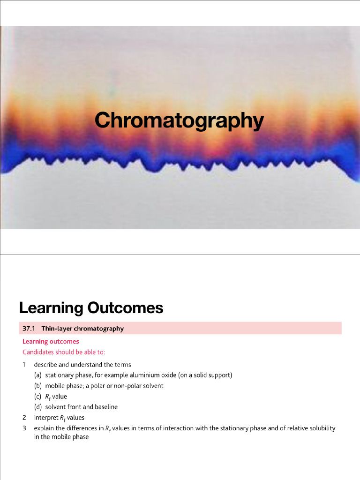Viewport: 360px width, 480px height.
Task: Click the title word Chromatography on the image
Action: point(179,120)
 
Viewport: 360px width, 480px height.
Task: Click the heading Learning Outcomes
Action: point(91,308)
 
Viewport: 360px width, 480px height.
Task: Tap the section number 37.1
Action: point(29,328)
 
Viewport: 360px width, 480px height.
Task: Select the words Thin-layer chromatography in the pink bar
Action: point(82,328)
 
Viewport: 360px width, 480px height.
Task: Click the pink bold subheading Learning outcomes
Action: point(51,341)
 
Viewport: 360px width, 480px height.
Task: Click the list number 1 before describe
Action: point(24,364)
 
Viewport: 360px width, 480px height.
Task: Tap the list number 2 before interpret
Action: point(24,417)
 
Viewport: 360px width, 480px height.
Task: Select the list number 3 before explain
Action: point(24,428)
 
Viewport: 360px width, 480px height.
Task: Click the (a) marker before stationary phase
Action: point(37,375)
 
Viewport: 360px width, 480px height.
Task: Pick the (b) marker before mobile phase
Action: point(37,386)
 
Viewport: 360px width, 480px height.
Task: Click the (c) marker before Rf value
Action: point(37,397)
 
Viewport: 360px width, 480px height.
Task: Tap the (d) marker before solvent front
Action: point(37,407)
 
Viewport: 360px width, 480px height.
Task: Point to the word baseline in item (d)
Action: point(106,407)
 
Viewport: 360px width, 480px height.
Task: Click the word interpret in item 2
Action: point(45,417)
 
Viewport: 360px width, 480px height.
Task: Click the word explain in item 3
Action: point(44,428)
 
